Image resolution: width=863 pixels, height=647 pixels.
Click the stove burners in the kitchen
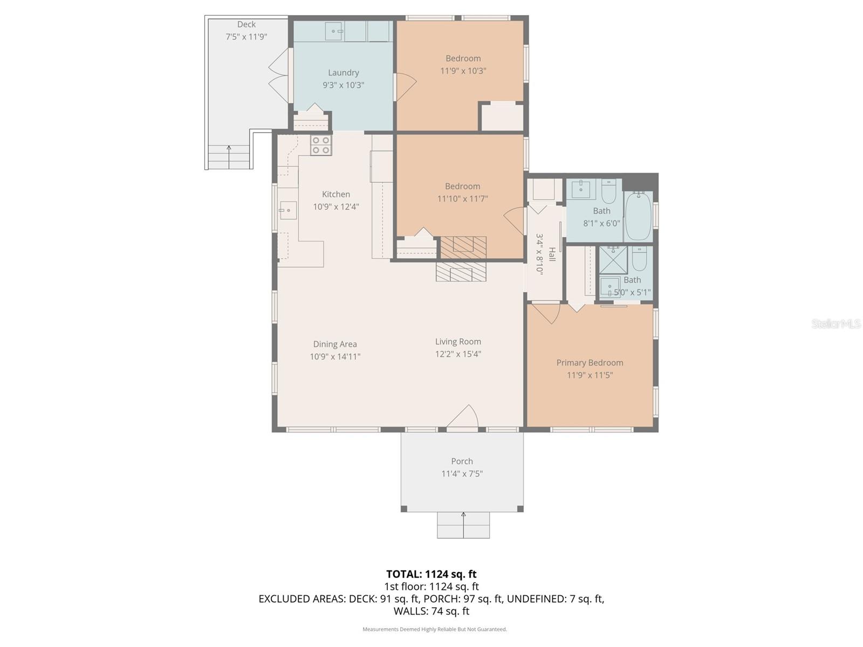pos(321,145)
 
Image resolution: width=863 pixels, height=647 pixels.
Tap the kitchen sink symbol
pos(287,210)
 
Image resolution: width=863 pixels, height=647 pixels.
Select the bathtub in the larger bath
pos(639,216)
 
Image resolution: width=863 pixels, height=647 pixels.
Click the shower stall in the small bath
pos(614,260)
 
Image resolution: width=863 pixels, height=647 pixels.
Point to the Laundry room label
pos(343,73)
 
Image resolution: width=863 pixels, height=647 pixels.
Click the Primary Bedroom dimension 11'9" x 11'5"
pos(590,375)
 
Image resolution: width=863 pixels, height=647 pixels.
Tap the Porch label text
pos(462,462)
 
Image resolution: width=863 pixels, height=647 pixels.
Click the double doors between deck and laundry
pos(279,75)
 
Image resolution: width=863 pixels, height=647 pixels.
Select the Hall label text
pos(552,254)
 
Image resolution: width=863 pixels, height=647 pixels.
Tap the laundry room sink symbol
pos(334,31)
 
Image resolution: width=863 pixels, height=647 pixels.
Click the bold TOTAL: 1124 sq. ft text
pos(431,574)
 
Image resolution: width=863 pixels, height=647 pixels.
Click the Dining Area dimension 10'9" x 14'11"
pos(335,356)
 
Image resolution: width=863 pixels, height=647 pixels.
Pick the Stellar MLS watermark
pos(835,323)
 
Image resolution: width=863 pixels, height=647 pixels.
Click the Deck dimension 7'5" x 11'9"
pos(246,37)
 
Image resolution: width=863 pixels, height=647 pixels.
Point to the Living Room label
pos(458,342)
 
